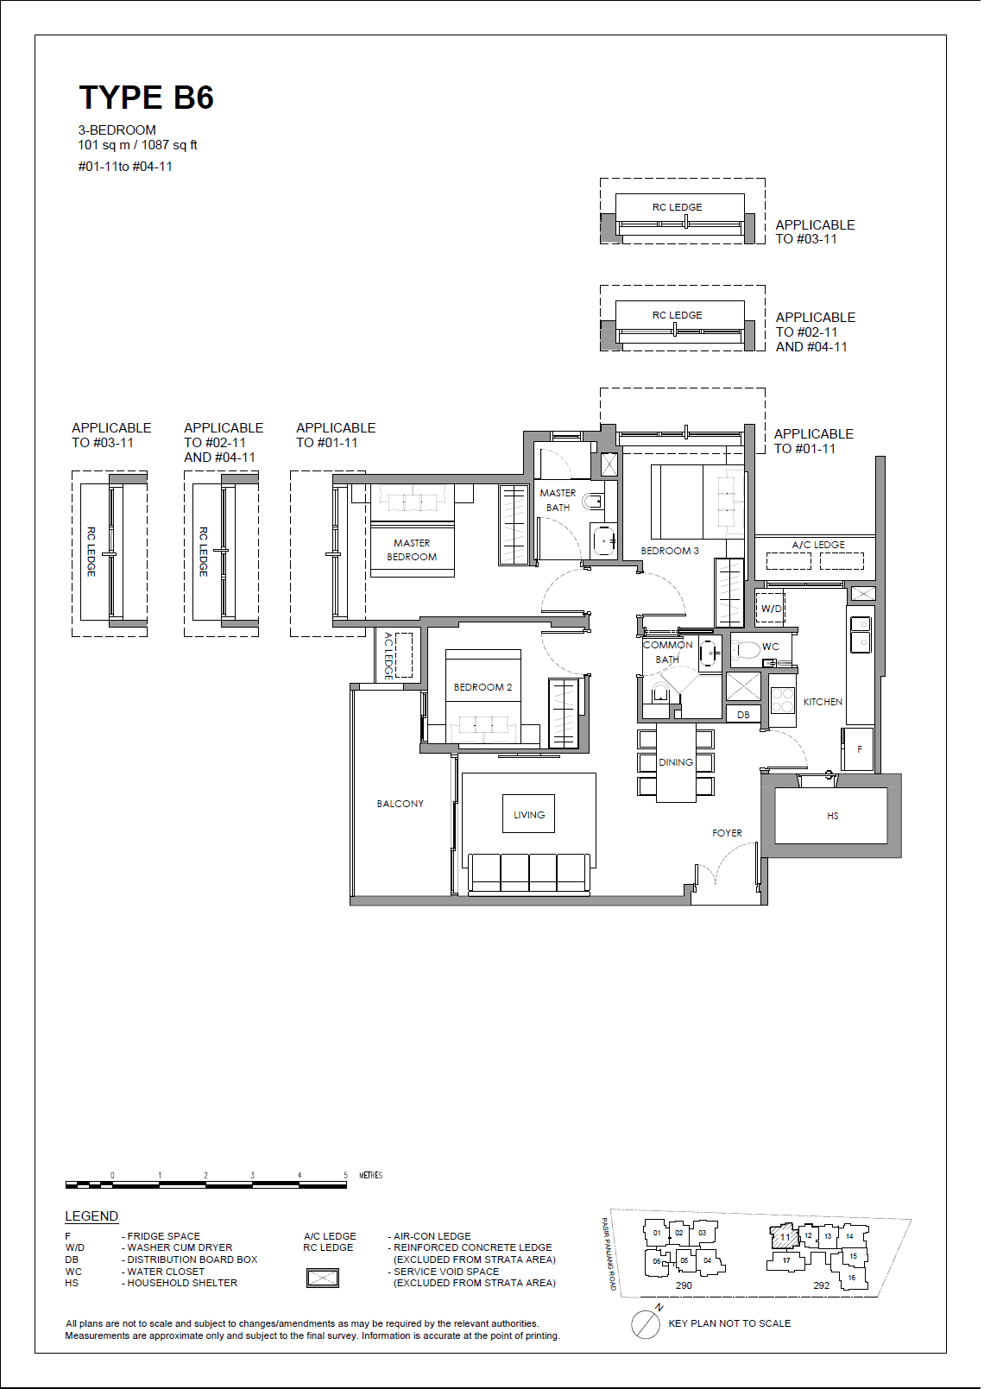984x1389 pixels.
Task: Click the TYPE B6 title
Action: coord(146,98)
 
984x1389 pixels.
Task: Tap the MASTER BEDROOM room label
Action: coord(412,550)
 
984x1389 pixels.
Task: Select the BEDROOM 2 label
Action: coord(483,687)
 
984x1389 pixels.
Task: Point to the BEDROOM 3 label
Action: coord(670,551)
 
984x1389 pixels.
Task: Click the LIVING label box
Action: coord(528,814)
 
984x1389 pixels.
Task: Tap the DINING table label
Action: coord(676,762)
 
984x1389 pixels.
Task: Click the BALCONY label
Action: coord(400,804)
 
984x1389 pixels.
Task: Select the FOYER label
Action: coord(727,833)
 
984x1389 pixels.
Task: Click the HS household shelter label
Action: coord(832,816)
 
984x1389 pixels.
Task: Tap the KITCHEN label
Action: coord(823,702)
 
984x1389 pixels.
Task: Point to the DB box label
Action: coord(743,715)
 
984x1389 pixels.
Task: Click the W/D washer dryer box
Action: coord(771,608)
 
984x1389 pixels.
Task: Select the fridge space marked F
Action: coord(859,748)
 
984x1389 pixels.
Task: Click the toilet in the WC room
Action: coord(746,649)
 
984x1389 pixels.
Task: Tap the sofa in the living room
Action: coord(528,872)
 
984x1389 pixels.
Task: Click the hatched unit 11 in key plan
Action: coord(784,1236)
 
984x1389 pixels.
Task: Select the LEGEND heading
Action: coord(91,1216)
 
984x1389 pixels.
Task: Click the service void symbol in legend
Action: coord(323,1278)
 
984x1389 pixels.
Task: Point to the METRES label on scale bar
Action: coord(370,1175)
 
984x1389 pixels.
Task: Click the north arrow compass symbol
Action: coord(646,1324)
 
